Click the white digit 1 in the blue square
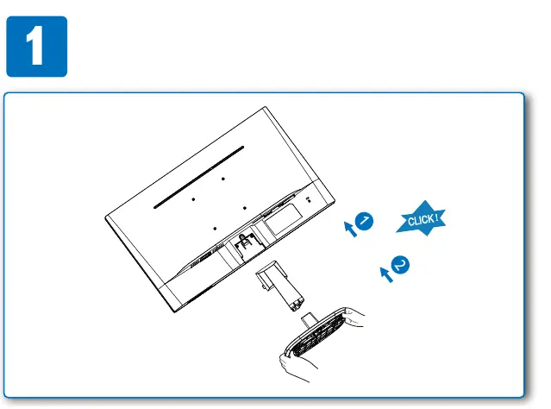point(35,46)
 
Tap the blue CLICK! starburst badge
point(422,219)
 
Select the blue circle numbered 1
point(364,221)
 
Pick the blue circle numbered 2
point(400,265)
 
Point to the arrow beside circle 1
point(350,229)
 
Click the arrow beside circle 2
point(386,274)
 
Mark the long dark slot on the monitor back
point(198,178)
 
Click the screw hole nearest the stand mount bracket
point(215,229)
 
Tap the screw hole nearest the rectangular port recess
point(245,208)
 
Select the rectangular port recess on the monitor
point(284,220)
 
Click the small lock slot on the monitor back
point(309,199)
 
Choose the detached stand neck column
point(279,286)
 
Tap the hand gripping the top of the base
point(354,318)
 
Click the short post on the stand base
point(310,320)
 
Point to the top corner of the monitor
point(265,107)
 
